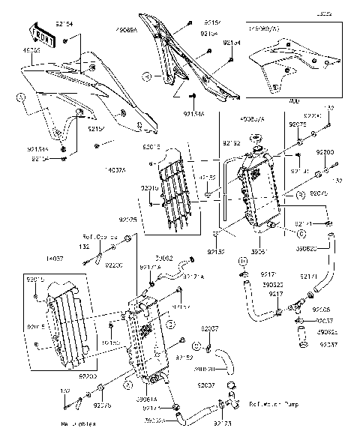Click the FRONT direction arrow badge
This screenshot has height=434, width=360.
point(40,32)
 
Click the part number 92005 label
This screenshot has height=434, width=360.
point(322,309)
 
